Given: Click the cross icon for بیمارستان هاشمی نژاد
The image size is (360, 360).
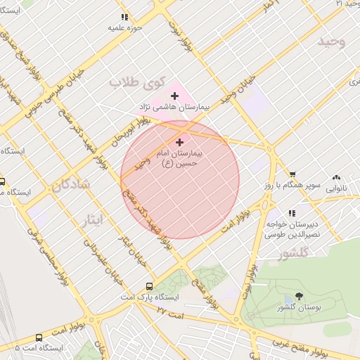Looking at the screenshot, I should click(x=174, y=96).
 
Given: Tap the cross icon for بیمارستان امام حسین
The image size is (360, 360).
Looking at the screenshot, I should click(x=179, y=142).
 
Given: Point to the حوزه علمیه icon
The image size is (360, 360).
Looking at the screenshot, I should click(x=124, y=17).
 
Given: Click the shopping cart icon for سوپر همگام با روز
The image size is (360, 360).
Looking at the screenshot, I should click(x=292, y=174).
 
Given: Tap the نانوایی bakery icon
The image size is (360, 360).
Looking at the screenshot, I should click(x=336, y=178).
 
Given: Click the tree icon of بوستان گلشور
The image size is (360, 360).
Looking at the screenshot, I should click(x=300, y=297).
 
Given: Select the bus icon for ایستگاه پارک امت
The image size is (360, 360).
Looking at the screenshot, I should click(x=149, y=286).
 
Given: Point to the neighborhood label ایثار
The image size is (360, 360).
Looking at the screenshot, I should click(x=91, y=219).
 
